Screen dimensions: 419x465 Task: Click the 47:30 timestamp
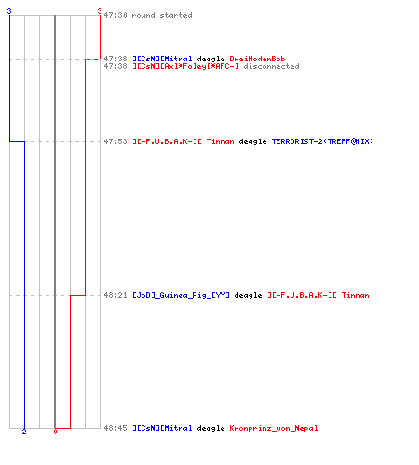coord(115,15)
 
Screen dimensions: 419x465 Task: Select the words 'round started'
coord(162,15)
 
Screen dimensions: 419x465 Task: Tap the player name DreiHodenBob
coord(257,59)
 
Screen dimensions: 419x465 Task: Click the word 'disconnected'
coord(271,66)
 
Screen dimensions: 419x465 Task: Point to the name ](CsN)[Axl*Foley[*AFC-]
coord(185,66)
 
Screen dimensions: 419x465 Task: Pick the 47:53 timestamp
coord(115,141)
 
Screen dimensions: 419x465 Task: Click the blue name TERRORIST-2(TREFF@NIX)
coord(322,141)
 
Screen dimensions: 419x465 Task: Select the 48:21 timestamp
coord(115,295)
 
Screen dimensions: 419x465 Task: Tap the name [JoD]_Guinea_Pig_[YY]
coord(181,295)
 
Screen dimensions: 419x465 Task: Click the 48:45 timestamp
coord(115,428)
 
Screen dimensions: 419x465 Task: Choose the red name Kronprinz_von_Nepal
coord(274,428)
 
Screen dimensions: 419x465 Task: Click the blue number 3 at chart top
coord(9,11)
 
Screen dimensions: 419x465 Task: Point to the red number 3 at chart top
coord(100,11)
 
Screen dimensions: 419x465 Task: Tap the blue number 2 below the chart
coord(24,432)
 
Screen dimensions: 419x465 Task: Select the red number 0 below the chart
coord(55,432)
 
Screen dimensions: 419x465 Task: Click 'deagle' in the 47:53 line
coord(252,141)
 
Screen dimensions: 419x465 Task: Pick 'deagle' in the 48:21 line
coord(248,295)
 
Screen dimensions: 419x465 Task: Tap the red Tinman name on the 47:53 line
coord(221,141)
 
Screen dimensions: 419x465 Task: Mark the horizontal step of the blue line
coord(17,141)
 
